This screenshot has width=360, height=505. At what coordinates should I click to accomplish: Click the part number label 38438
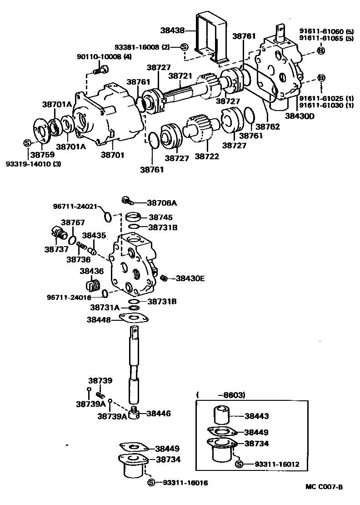point(173,31)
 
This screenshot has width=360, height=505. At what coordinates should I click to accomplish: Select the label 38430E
point(190,278)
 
